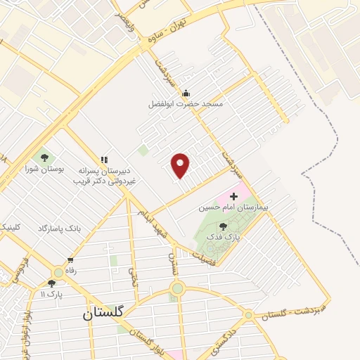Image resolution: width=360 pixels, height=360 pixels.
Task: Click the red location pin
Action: (181, 165)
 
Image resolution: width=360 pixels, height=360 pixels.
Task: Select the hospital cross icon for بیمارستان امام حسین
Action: (233, 195)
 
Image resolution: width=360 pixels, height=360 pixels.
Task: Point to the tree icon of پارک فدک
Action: (223, 226)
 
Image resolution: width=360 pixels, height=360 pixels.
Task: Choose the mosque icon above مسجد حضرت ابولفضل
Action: (186, 93)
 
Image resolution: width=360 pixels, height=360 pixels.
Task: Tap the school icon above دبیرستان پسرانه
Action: (105, 160)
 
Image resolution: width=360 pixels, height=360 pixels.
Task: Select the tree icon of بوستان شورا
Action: (45, 157)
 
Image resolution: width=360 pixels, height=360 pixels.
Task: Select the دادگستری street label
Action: (224, 340)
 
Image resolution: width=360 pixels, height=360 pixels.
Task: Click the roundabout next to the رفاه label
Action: (58, 272)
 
